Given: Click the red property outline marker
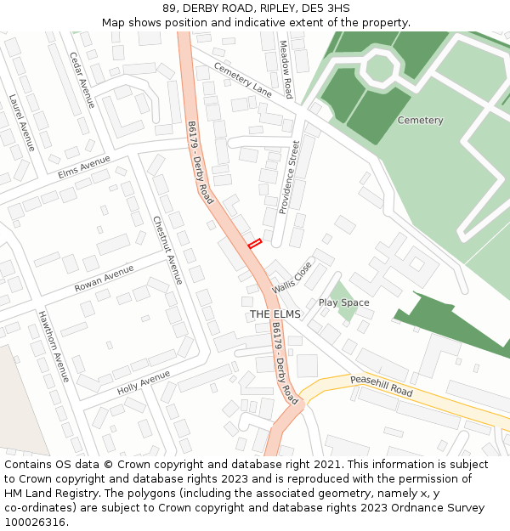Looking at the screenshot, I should pos(253,244).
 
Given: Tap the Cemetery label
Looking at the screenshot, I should pos(420,121).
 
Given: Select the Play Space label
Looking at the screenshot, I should pos(343,302).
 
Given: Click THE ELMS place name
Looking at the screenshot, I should pos(275,314).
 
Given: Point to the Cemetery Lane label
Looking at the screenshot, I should pos(242,79).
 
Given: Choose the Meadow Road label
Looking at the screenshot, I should pos(286,70).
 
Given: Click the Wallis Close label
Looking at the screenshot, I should pos(292,277).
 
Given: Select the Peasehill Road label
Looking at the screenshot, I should pos(381,387).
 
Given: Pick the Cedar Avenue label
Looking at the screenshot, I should pos(82,80).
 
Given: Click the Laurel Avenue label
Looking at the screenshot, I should pos(22,122).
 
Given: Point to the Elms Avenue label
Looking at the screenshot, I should pos(84,167).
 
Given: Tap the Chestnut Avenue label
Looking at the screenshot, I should pos(167,250).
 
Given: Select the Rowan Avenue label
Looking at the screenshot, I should pos(104,278).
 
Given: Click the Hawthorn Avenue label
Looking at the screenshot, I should pos(53,346).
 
